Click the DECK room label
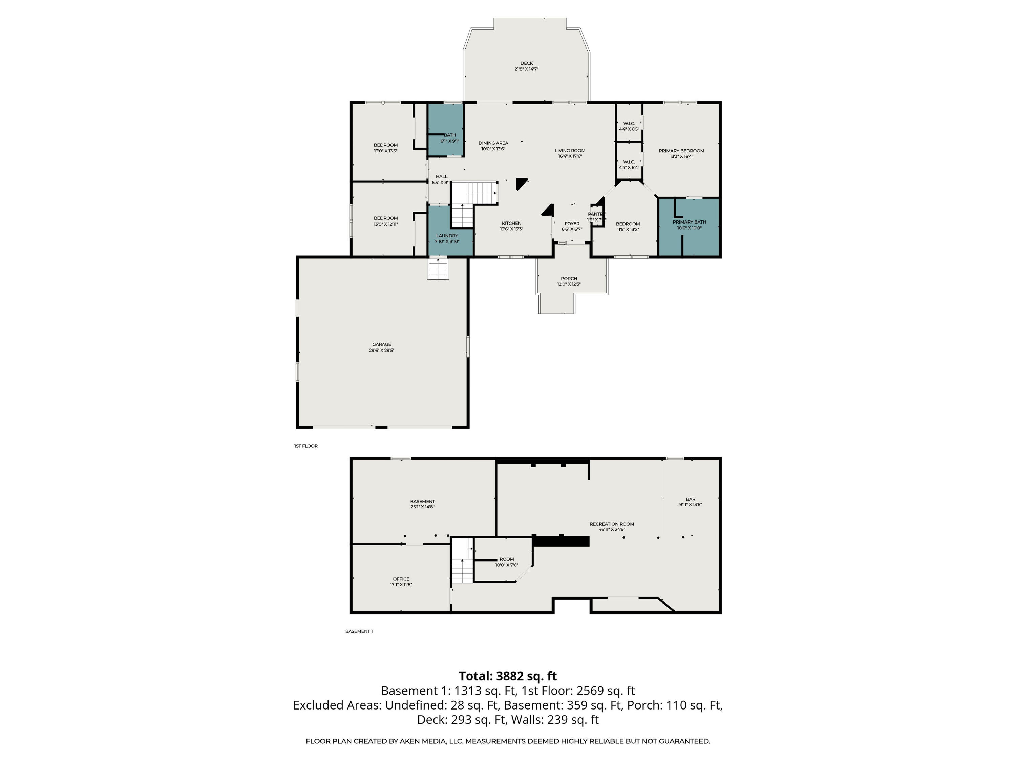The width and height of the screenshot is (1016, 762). point(526,63)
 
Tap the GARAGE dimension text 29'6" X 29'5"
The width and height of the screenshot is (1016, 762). point(381,351)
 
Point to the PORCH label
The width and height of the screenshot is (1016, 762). point(569,279)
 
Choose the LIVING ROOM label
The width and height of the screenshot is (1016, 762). point(570,151)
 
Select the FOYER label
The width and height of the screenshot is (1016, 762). point(572,224)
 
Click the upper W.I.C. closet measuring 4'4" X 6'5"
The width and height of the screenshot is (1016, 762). point(629,123)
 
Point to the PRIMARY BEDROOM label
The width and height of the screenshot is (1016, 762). point(681,151)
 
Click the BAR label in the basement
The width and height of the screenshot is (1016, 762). point(690,499)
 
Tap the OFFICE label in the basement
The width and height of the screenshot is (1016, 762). point(401,579)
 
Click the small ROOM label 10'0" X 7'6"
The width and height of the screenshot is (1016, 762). point(507,559)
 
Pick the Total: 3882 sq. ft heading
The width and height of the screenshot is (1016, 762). point(508,676)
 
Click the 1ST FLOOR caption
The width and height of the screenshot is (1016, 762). point(306,446)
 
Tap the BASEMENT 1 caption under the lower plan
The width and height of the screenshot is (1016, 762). point(359,631)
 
